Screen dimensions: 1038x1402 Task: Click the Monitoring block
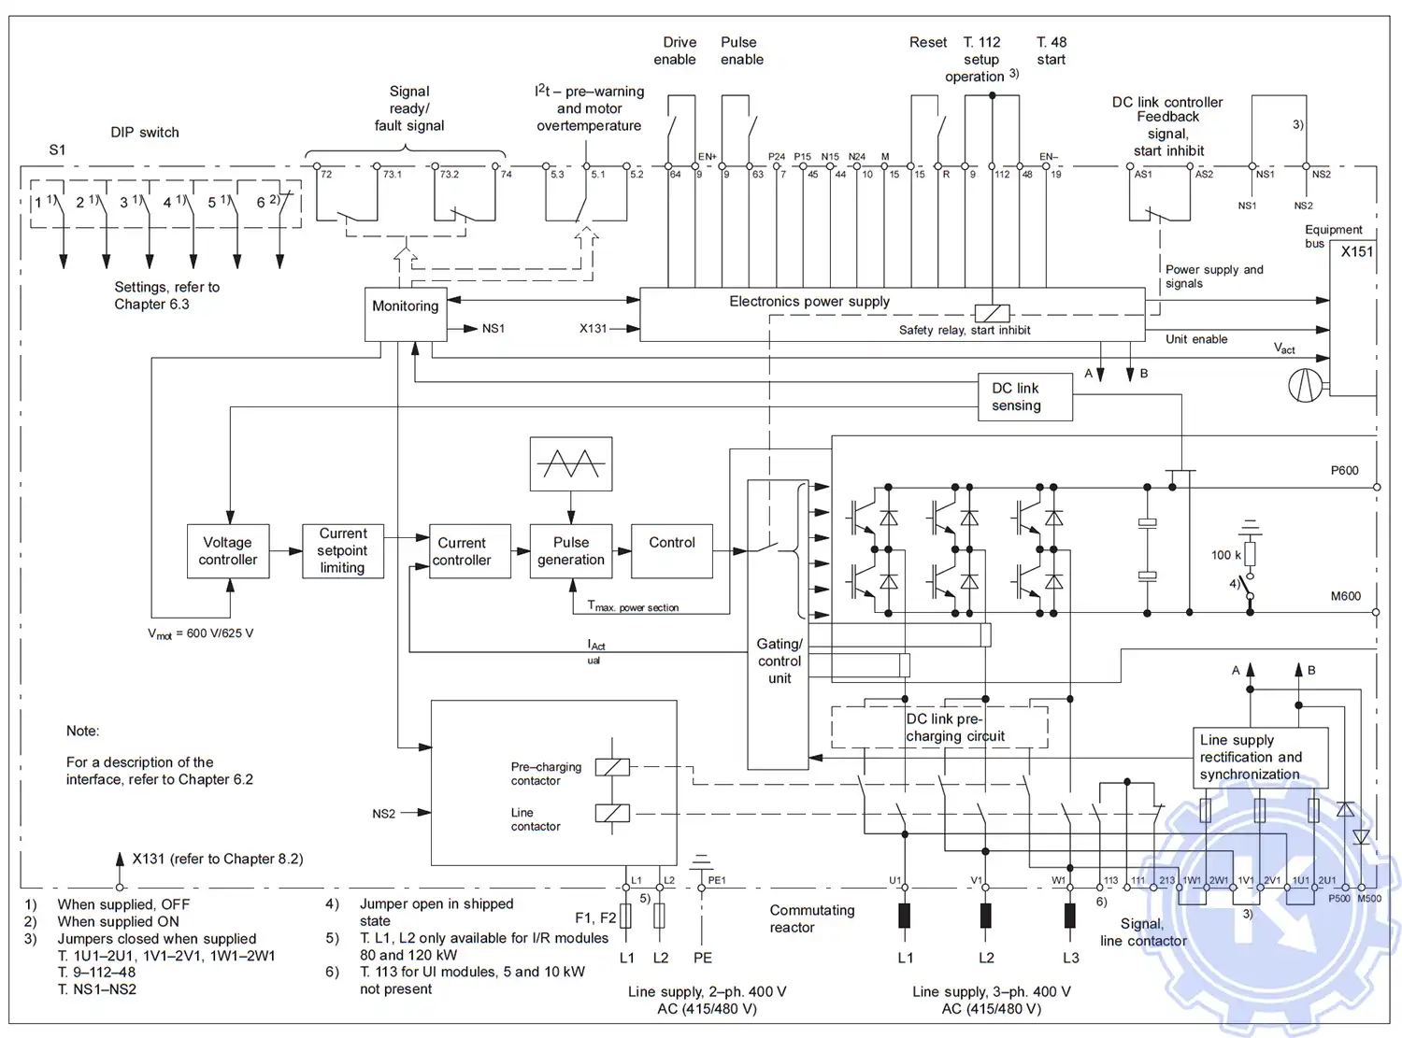[404, 314]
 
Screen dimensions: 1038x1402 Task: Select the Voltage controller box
[228, 551]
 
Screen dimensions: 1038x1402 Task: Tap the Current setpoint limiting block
[343, 551]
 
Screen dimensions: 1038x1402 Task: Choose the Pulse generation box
[571, 551]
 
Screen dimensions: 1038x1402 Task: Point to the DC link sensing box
[1024, 397]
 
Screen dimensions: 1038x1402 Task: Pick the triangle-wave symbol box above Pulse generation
[571, 463]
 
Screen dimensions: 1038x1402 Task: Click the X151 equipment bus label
[1356, 251]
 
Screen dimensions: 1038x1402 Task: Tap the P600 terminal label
[1344, 471]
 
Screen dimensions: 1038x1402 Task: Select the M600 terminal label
[1345, 596]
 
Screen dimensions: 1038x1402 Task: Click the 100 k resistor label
[1225, 555]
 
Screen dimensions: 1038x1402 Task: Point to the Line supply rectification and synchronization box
[1260, 758]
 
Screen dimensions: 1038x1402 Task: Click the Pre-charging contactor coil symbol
[612, 767]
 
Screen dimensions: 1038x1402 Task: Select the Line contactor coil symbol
[612, 813]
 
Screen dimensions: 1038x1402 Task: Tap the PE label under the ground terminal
[703, 958]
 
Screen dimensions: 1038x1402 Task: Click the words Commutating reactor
[811, 918]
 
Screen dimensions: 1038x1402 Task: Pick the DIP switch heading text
[145, 133]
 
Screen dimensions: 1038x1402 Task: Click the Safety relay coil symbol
[991, 314]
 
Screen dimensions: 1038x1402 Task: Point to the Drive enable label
[675, 51]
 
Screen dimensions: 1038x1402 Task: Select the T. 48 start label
[1051, 51]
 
